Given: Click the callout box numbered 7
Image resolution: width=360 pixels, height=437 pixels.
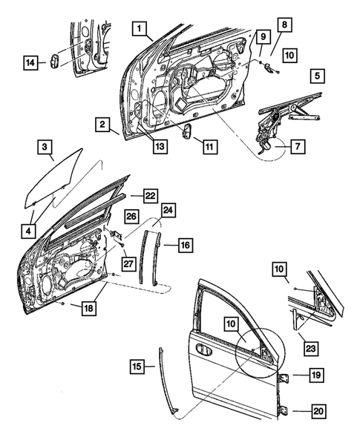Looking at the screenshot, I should [295, 148].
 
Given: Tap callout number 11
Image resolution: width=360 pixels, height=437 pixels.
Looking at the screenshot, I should [209, 148].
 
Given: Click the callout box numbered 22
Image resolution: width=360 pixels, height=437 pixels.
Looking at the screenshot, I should [150, 195].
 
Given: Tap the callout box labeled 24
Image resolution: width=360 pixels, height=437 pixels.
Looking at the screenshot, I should [168, 211].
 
